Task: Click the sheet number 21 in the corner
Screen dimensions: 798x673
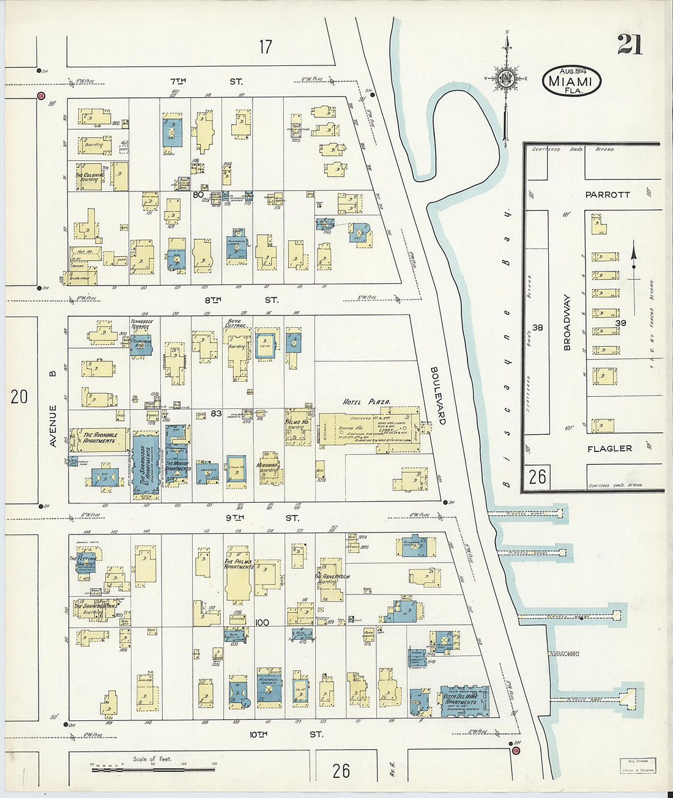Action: [x=630, y=44]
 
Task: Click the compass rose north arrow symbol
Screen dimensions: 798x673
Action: [x=507, y=79]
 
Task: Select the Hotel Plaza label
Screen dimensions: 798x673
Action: [x=367, y=402]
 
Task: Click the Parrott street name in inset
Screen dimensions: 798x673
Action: [x=607, y=194]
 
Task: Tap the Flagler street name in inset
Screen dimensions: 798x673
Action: [x=609, y=448]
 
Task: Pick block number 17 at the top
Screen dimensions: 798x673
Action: [x=264, y=46]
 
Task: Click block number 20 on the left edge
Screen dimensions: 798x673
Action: [x=19, y=396]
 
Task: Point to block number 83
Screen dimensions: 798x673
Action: [x=215, y=413]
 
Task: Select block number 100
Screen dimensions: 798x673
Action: [x=262, y=623]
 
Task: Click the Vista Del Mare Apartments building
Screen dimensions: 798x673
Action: [x=464, y=701]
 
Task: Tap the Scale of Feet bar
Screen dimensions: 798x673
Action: [x=153, y=768]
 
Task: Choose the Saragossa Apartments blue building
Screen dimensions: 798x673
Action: [x=146, y=465]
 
